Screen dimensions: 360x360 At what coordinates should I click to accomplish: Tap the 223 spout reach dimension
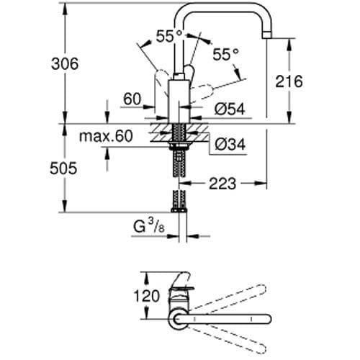[x=222, y=184]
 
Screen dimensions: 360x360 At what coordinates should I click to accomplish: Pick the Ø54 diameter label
[x=230, y=108]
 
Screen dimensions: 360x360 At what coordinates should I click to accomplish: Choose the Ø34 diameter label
[x=230, y=145]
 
